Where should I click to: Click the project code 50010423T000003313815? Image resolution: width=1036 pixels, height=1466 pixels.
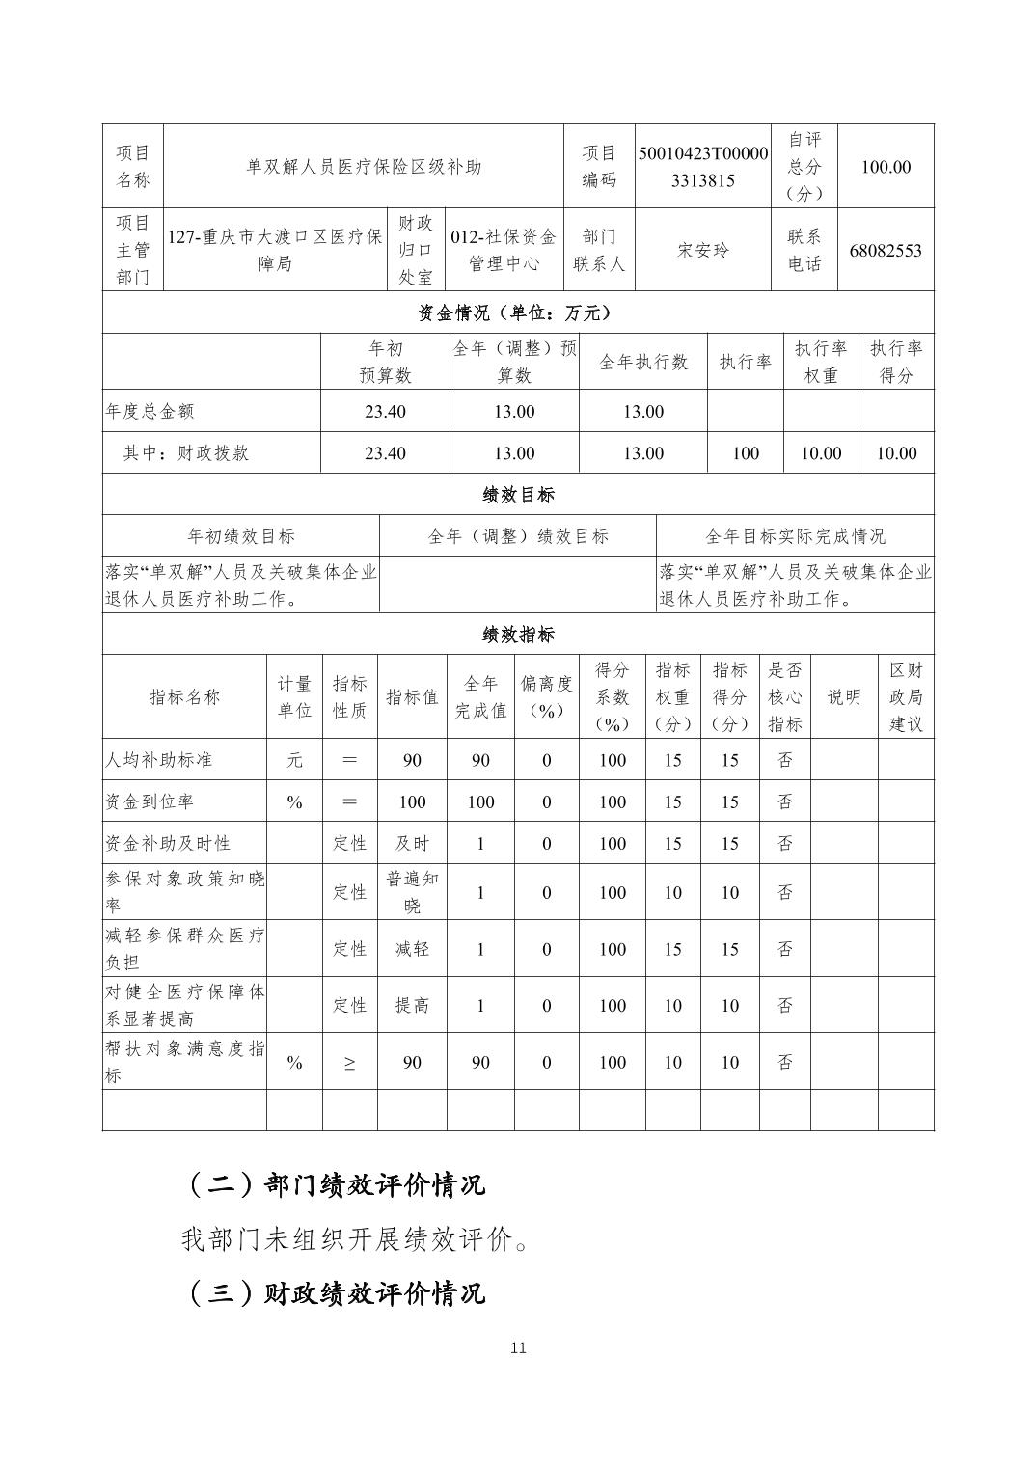(703, 167)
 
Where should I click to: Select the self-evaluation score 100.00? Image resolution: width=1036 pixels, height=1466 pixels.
(886, 167)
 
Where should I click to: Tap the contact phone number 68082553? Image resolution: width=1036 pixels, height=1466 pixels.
(886, 251)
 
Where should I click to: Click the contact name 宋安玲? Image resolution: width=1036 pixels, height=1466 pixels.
(703, 251)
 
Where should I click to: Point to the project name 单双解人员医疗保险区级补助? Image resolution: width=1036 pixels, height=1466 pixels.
(364, 167)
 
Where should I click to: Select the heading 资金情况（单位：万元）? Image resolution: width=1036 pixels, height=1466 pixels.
(518, 312)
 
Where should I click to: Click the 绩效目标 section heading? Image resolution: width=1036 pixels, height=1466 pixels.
(518, 495)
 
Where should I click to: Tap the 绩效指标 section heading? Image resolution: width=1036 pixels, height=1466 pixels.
(518, 635)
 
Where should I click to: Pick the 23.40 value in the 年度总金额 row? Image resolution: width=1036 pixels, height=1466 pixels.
(385, 412)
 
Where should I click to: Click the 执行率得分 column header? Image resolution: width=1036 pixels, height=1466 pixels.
(896, 362)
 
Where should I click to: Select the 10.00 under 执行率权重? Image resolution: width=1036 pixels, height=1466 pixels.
(821, 453)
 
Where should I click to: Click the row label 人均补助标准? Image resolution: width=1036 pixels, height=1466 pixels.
(158, 760)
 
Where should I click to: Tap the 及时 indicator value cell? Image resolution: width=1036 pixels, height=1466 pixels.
(412, 844)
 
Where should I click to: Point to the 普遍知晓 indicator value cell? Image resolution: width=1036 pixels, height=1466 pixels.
(412, 892)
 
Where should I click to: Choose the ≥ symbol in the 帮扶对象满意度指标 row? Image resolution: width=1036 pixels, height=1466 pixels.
(349, 1063)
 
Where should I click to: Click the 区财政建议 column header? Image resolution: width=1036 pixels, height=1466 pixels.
(906, 697)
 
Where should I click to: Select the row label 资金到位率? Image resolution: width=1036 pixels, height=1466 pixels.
(150, 802)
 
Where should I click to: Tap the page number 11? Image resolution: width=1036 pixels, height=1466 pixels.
(518, 1348)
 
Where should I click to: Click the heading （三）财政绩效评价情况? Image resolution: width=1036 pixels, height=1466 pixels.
(334, 1293)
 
